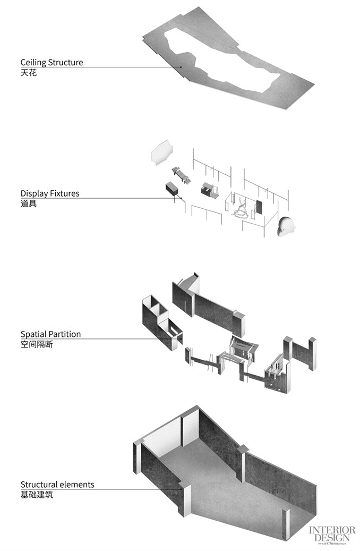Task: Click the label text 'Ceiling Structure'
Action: pos(52,62)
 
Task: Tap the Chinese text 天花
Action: pos(29,72)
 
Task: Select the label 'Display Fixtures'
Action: pos(50,193)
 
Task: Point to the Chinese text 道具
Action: pos(29,204)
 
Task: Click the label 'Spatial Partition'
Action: pos(50,334)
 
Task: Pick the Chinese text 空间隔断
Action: pos(37,344)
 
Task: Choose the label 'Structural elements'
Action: pos(57,485)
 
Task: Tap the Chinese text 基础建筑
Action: pos(37,495)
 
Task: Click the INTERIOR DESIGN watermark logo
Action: pos(332,534)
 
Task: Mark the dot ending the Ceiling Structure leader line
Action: pos(181,67)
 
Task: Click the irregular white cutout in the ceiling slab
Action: pos(223,58)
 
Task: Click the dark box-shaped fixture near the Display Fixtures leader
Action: pos(171,189)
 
